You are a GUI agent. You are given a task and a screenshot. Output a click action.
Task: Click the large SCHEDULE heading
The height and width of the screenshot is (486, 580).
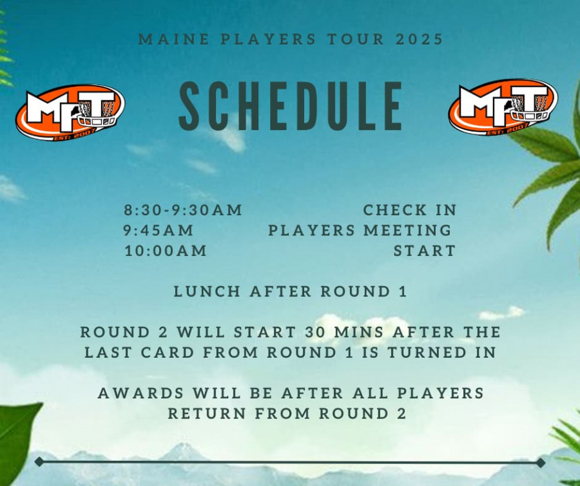291,106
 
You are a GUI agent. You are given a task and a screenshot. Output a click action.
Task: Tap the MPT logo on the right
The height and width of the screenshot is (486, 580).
503,106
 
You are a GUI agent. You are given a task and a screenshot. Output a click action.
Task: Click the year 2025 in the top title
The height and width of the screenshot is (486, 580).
420,39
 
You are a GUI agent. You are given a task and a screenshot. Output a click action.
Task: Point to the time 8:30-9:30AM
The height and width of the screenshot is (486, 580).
183,210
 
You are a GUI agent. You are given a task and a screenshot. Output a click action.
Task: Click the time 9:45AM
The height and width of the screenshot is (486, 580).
159,231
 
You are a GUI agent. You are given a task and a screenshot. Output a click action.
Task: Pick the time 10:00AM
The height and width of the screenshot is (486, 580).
166,251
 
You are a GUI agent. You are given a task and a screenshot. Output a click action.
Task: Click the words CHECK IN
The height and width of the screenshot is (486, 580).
410,210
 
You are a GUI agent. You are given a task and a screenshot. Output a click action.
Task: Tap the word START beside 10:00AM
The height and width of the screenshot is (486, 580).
425,251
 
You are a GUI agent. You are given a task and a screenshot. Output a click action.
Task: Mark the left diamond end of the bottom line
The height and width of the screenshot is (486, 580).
39,462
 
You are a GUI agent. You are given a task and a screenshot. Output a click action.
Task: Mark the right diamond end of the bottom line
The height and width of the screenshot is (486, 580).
540,462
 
